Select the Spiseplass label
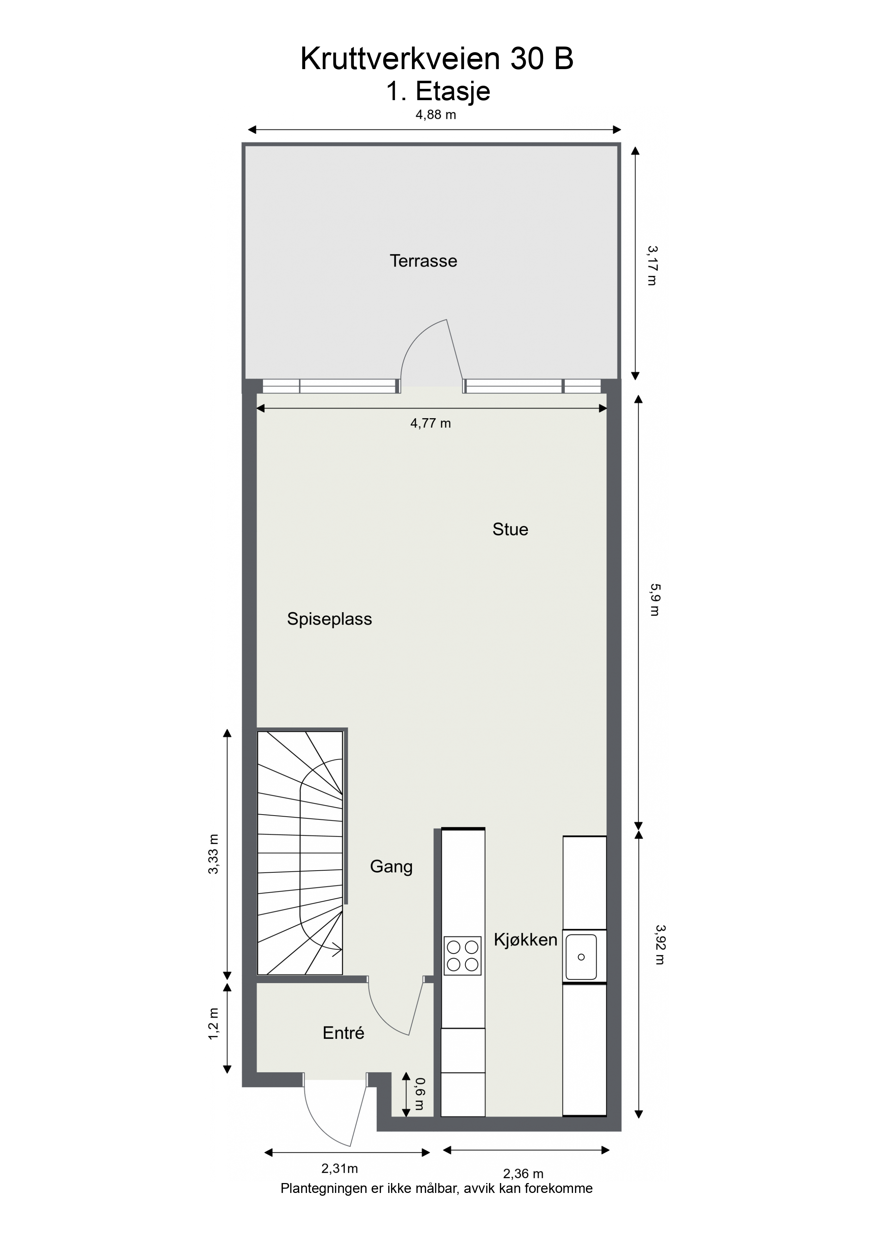[x=329, y=619]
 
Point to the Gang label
[x=391, y=867]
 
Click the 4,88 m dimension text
[x=436, y=114]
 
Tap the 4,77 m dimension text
[x=430, y=423]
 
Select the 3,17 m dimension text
[x=652, y=265]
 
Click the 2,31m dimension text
[x=340, y=1169]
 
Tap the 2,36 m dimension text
[x=523, y=1174]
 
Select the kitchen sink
[x=581, y=957]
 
